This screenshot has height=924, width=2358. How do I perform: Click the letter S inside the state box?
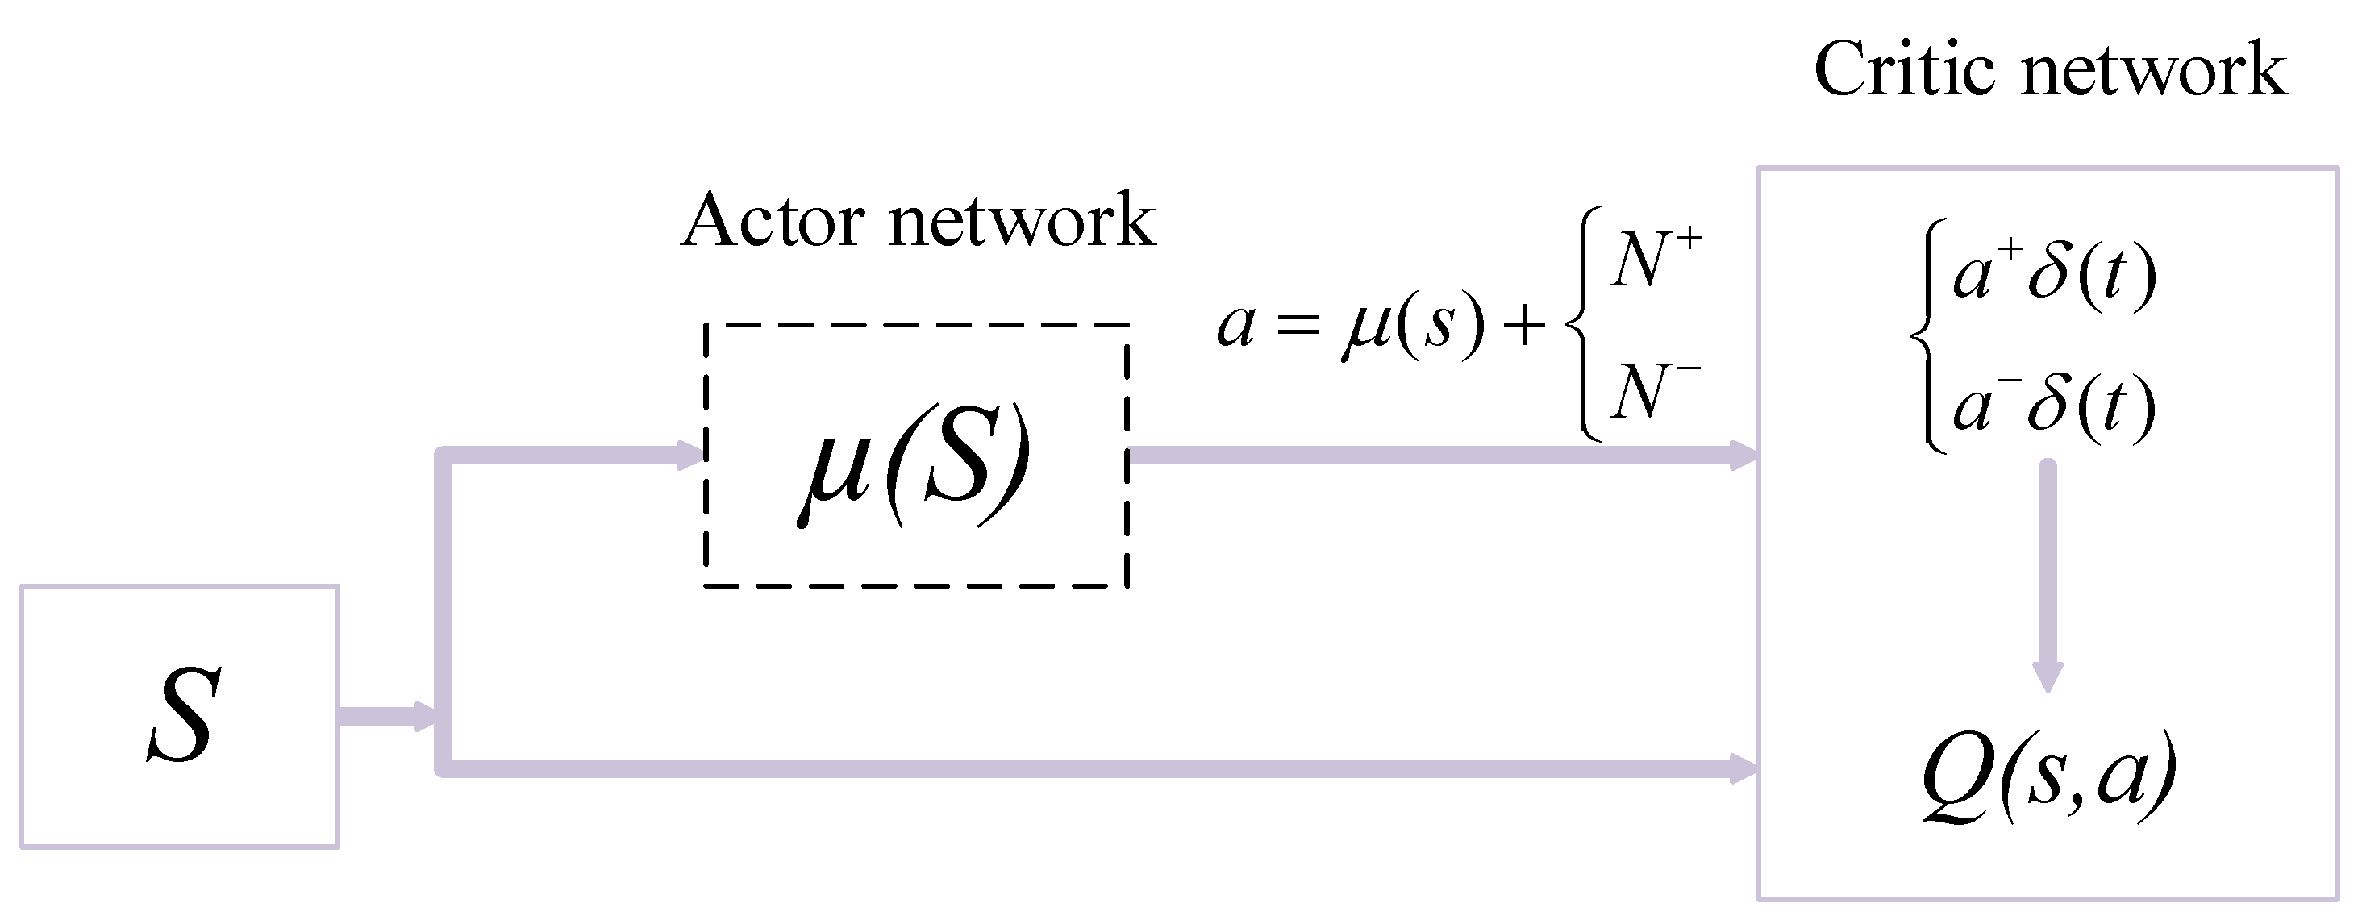pos(184,714)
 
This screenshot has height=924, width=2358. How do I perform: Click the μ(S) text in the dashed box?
pos(914,464)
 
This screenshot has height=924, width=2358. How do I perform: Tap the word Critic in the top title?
pos(1904,69)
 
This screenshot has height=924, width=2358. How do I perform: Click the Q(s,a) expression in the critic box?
pos(2048,780)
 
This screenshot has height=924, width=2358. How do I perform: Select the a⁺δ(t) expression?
pos(2053,274)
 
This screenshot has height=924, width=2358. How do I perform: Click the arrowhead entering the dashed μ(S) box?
pos(691,455)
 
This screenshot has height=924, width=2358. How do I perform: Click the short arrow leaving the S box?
pos(389,715)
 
